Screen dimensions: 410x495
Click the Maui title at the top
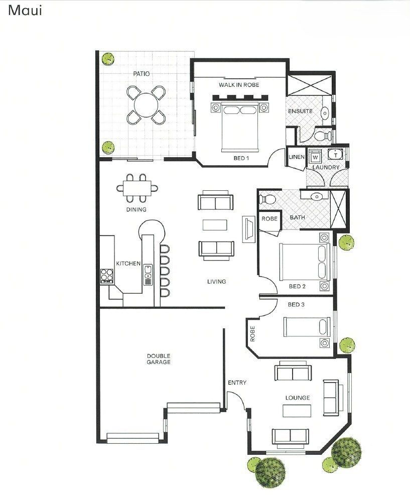pyautogui.click(x=25, y=11)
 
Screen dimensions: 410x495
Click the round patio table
pyautogui.click(x=146, y=105)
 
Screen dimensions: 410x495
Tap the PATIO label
pyautogui.click(x=142, y=74)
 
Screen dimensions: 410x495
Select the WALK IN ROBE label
pyautogui.click(x=239, y=85)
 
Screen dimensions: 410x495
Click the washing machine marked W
pyautogui.click(x=315, y=157)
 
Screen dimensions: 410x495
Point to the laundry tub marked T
pyautogui.click(x=336, y=154)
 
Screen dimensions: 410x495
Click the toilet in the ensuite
pyautogui.click(x=323, y=136)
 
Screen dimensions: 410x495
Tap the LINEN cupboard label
pyautogui.click(x=297, y=157)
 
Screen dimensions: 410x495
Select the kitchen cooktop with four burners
pyautogui.click(x=107, y=275)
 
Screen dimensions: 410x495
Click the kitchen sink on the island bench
pyautogui.click(x=148, y=275)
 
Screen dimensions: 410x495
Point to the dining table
pyautogui.click(x=137, y=188)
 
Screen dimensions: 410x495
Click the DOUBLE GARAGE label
pyautogui.click(x=159, y=359)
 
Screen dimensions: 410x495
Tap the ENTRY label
pyautogui.click(x=237, y=383)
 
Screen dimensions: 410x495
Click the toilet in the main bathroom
pyautogui.click(x=267, y=199)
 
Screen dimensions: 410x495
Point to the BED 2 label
pyautogui.click(x=297, y=286)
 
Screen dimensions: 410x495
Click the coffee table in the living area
pyautogui.click(x=215, y=225)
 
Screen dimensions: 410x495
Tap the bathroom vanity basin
pyautogui.click(x=316, y=197)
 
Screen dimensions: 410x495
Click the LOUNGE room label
pyautogui.click(x=297, y=398)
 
